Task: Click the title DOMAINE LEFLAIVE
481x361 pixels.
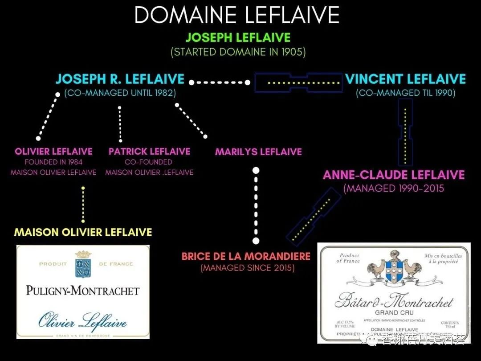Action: click(237, 15)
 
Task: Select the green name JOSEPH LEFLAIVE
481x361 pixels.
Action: click(238, 37)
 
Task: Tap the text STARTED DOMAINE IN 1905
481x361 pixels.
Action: click(238, 52)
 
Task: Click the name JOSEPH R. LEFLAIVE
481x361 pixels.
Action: click(120, 79)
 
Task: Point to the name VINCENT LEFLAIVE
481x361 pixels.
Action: click(405, 79)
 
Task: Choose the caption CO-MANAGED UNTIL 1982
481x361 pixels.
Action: click(120, 93)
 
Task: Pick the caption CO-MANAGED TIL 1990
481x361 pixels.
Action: click(405, 93)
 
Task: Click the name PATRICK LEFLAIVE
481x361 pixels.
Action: click(149, 152)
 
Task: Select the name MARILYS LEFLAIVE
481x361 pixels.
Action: click(258, 152)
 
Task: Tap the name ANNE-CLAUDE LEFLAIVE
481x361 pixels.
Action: click(394, 175)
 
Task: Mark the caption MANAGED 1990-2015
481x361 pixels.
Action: click(394, 189)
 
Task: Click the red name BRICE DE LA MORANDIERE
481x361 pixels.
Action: click(246, 257)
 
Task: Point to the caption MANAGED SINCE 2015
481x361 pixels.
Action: click(247, 268)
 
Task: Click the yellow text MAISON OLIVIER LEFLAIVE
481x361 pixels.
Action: click(83, 232)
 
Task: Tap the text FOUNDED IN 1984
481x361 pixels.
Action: click(53, 162)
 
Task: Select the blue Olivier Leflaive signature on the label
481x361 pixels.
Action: click(82, 321)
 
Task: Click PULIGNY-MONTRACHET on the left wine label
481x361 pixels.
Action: click(82, 291)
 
